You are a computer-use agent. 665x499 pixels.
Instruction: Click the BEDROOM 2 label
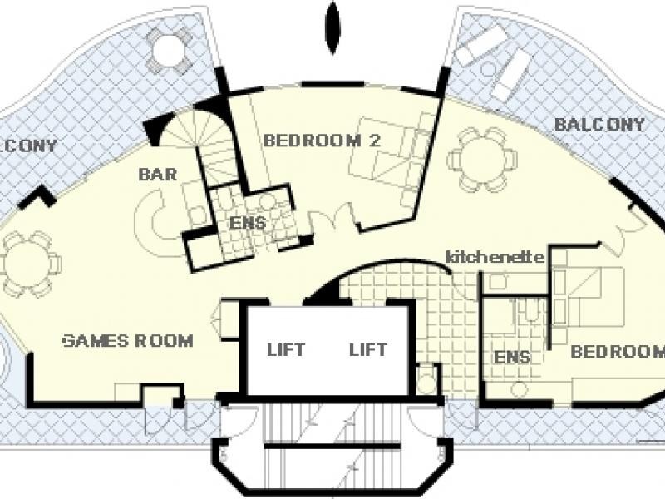(322, 141)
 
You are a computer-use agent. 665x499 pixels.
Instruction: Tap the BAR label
(158, 175)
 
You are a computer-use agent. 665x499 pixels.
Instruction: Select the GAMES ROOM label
(128, 341)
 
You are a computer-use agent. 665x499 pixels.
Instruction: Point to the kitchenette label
(495, 257)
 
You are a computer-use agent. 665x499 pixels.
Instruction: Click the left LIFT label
(286, 350)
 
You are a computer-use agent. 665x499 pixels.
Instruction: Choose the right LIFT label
(368, 350)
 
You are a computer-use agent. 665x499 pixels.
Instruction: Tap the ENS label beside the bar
(248, 223)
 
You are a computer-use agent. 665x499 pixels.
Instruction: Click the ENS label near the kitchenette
(512, 357)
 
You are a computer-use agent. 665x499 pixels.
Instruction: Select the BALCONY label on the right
(599, 124)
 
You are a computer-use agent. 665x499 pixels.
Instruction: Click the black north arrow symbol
(333, 27)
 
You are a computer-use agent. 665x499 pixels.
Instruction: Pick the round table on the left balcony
(169, 49)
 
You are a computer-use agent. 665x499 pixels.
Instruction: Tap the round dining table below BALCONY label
(483, 160)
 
